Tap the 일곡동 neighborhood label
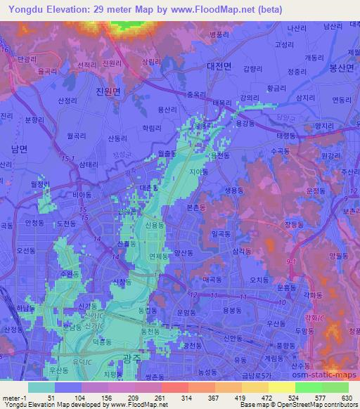point(220,231)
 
